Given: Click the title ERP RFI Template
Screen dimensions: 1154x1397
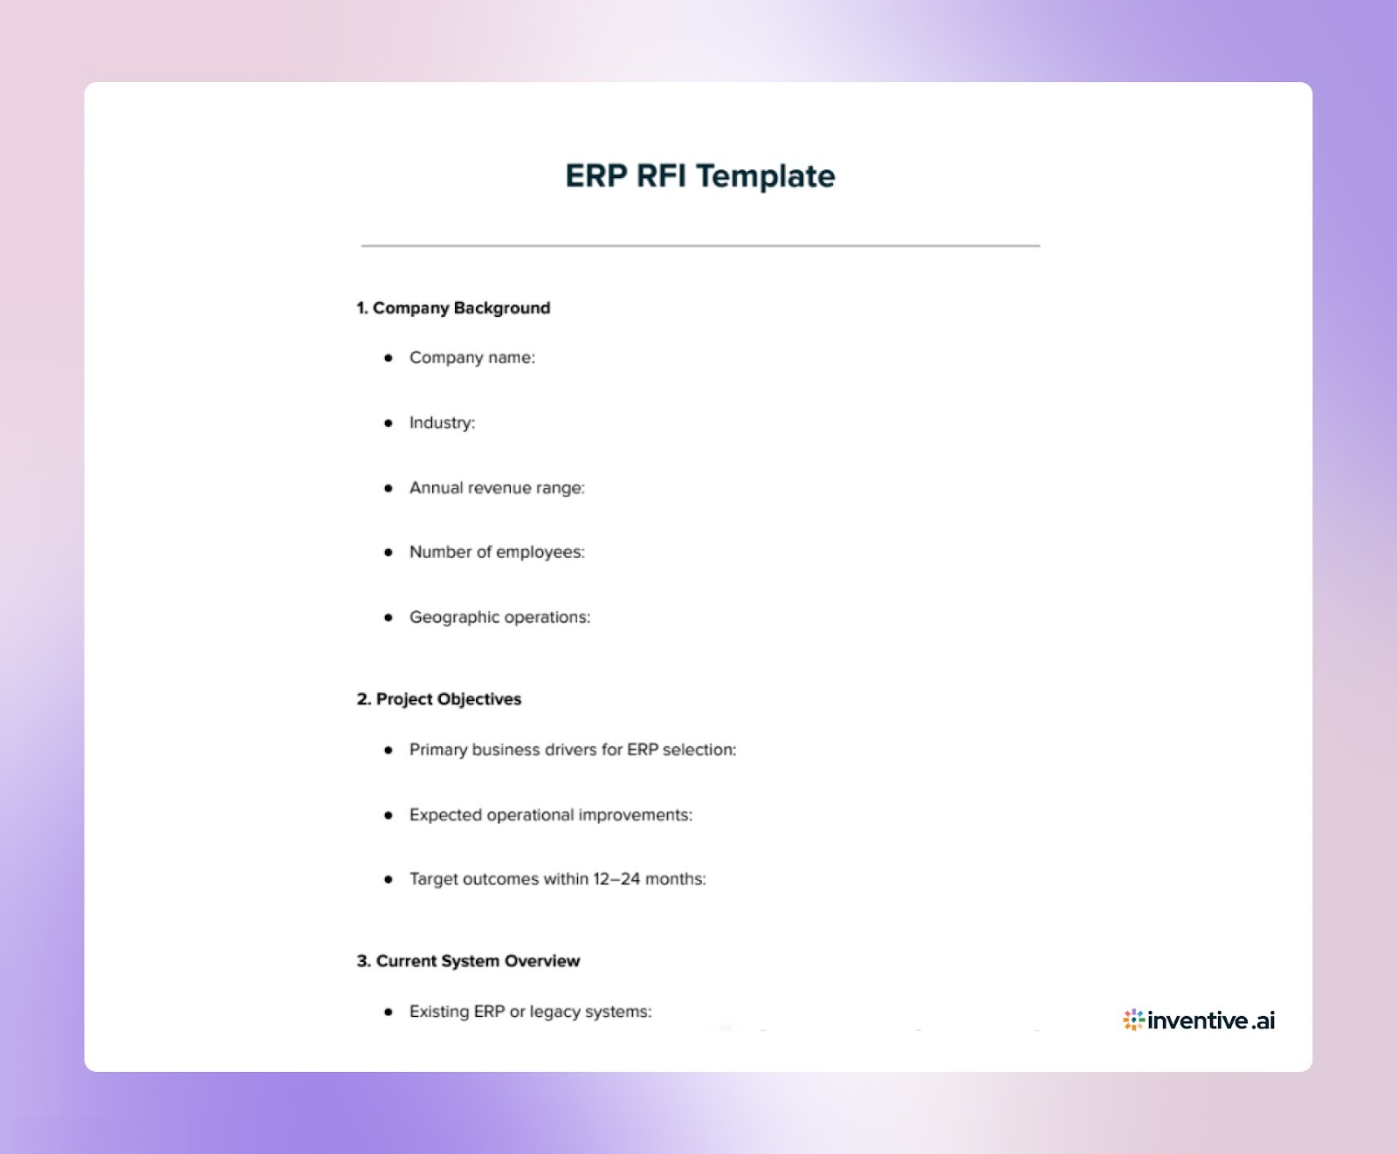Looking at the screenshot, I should point(699,176).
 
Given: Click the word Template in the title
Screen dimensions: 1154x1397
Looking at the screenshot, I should point(766,176).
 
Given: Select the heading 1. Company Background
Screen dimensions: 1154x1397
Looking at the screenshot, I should point(453,308).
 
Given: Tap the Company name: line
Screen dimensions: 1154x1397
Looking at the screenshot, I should point(471,358).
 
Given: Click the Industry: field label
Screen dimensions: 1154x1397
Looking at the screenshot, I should point(442,422).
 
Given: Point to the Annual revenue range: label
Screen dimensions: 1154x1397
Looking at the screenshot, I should point(497,488).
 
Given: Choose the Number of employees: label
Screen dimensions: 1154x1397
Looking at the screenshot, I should point(497,553).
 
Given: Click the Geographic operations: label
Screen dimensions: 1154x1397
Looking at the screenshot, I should point(499,617).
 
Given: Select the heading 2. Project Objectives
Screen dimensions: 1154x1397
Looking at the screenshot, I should point(438,699).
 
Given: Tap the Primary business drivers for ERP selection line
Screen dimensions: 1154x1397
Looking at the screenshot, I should point(572,750).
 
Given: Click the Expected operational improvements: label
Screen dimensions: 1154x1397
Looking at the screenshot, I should point(550,815).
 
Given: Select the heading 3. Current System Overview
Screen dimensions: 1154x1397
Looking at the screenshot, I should point(468,961).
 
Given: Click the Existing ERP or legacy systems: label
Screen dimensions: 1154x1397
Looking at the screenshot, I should point(530,1012).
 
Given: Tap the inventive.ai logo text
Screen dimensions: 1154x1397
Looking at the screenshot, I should point(1211,1020).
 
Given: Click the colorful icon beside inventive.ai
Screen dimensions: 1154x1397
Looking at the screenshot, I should point(1133,1020).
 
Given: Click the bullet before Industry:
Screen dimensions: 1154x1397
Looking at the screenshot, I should point(389,423).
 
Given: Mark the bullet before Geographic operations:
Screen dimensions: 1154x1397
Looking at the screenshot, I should point(389,618).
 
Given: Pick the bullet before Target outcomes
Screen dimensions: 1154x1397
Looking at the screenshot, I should point(389,880).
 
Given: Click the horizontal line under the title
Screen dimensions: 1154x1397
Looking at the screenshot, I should point(699,246).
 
